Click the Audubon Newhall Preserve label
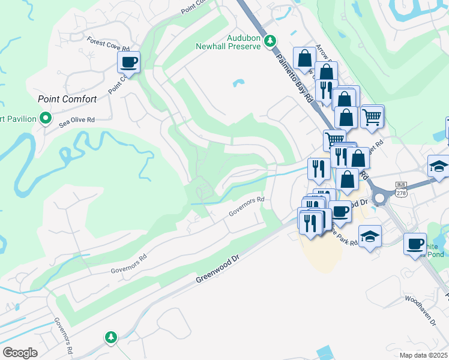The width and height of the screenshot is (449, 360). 228,41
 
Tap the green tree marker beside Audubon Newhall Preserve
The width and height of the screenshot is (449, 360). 270,40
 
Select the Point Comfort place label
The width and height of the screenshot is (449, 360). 63,99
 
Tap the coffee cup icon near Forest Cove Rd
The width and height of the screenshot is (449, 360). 128,61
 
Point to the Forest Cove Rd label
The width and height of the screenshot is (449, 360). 108,44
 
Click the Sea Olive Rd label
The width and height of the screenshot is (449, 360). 77,120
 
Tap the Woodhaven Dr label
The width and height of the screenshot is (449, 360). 420,310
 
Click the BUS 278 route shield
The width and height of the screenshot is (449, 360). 402,188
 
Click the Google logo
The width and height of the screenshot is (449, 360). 20,353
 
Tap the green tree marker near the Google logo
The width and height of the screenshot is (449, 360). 110,337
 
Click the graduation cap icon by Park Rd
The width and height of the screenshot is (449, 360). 370,236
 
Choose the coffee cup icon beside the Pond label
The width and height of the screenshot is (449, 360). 415,243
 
